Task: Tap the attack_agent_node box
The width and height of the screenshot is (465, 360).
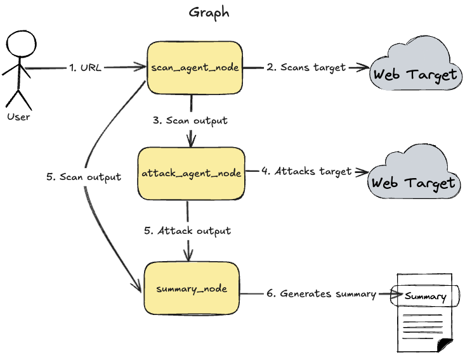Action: tap(190, 173)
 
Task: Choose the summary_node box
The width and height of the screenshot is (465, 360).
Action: tap(192, 289)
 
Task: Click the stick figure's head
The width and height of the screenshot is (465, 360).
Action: tap(20, 46)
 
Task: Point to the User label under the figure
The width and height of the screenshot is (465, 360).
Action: tap(18, 117)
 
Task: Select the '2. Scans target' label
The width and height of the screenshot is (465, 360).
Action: tap(306, 67)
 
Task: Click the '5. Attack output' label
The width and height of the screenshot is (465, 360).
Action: tap(187, 231)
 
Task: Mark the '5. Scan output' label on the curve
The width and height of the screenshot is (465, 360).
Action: tap(84, 177)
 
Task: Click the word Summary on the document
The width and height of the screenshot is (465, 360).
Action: tap(425, 296)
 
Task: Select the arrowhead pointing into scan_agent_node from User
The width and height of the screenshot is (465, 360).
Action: tap(142, 67)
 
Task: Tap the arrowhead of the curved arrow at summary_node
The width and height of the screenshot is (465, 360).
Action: tap(138, 288)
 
